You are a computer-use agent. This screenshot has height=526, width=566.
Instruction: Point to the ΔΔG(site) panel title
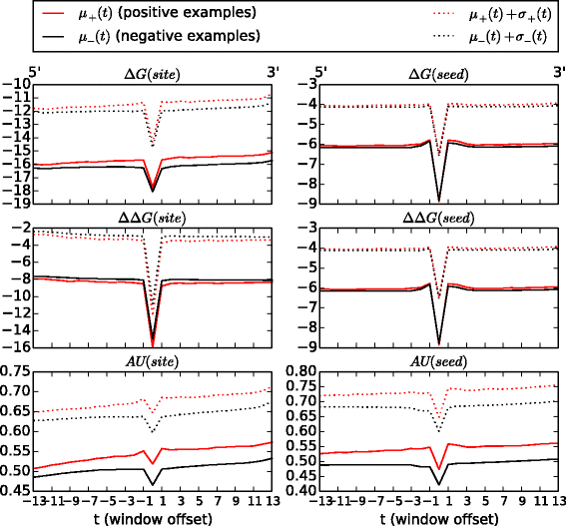pyautogui.click(x=153, y=218)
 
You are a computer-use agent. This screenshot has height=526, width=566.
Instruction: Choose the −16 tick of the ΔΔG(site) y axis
pyautogui.click(x=18, y=346)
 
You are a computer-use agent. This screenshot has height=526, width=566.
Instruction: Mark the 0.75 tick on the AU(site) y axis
pyautogui.click(x=16, y=370)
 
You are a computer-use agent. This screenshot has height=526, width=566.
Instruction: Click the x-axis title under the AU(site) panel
pyautogui.click(x=153, y=517)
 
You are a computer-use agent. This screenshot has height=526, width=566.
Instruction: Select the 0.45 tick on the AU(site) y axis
pyautogui.click(x=16, y=490)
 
